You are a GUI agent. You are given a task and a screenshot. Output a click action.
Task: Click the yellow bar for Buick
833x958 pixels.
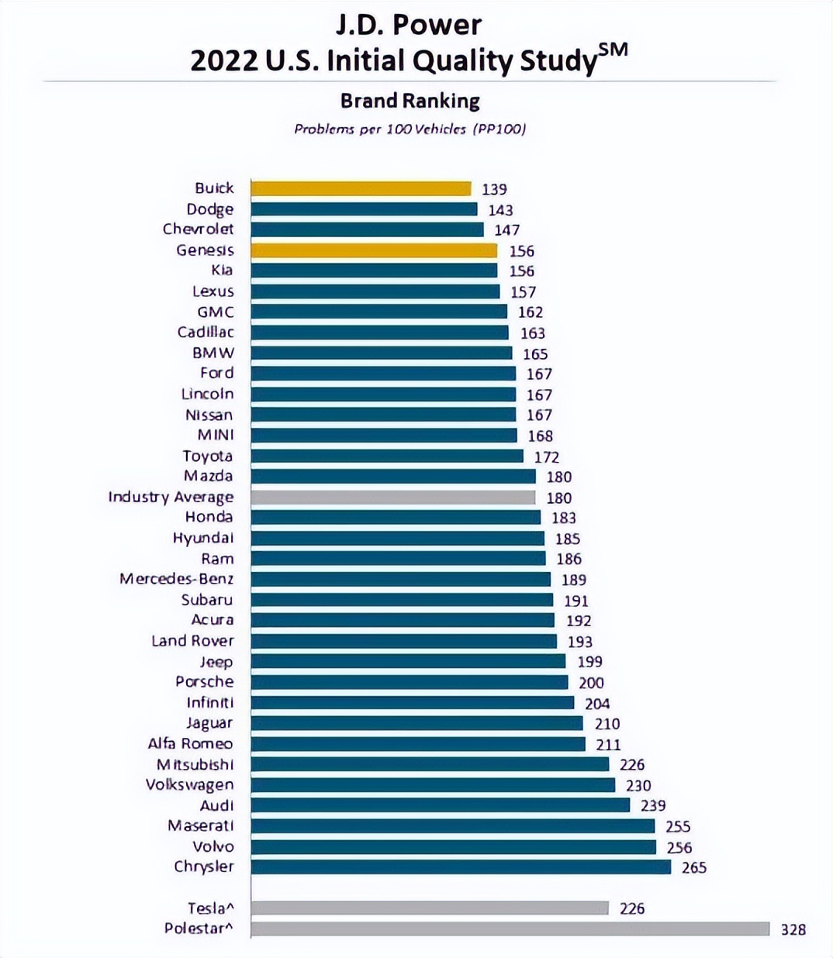coord(361,188)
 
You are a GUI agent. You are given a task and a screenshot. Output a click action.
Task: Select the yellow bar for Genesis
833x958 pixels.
coord(374,250)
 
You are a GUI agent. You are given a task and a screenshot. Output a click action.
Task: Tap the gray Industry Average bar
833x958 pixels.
coord(392,497)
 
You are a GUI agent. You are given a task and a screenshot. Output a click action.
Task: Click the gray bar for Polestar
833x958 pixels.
coord(510,929)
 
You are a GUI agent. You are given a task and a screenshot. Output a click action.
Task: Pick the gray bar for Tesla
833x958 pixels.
coord(430,908)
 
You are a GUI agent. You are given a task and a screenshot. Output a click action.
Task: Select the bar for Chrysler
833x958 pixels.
coord(461,867)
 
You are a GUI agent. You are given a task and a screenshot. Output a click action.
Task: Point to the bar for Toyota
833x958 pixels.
coord(387,456)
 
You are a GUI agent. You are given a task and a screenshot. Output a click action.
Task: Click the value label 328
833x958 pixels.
coord(793,929)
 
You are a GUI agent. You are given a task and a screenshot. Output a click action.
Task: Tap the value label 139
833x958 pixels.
coord(494,189)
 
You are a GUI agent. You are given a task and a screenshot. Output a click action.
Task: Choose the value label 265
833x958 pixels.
coord(693,867)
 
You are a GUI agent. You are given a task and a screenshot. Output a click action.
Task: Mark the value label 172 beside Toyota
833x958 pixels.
coord(546,457)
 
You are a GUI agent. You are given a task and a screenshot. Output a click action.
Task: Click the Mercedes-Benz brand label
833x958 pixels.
coord(176,579)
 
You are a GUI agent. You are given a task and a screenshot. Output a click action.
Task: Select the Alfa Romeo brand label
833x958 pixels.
coord(190,743)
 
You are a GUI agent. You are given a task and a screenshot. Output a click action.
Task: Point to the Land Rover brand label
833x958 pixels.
coord(192,641)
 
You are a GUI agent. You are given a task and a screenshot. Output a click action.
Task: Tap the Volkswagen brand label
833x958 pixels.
coord(189,784)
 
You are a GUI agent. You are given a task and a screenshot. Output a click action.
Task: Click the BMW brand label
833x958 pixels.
coord(213,353)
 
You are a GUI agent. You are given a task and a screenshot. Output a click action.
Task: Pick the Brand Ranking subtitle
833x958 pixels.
coord(410,101)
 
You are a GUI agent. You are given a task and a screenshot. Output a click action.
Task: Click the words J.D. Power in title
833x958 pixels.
coord(409,25)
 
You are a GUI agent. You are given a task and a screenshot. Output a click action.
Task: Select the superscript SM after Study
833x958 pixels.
coord(613,50)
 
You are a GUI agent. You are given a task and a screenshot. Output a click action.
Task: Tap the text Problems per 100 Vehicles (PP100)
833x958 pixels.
coord(410,129)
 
